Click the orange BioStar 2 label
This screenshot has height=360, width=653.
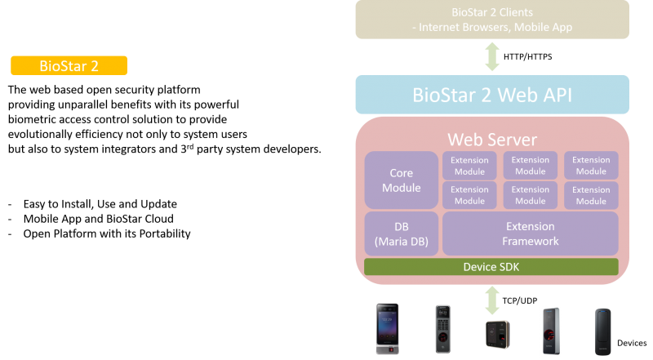click(x=69, y=65)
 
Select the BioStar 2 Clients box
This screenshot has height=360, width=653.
click(x=491, y=20)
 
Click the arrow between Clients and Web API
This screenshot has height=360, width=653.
click(x=492, y=56)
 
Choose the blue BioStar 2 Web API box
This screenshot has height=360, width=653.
click(x=491, y=95)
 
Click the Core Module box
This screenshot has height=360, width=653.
click(x=401, y=180)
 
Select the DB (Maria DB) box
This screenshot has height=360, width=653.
click(x=401, y=233)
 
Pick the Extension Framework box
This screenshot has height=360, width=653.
click(x=530, y=233)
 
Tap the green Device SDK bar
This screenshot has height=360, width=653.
click(x=491, y=267)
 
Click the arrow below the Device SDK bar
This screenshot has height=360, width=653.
click(x=492, y=300)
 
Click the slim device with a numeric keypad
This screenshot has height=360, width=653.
click(x=442, y=329)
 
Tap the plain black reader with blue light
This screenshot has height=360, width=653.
click(x=603, y=330)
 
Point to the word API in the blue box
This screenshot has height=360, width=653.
click(x=549, y=95)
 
